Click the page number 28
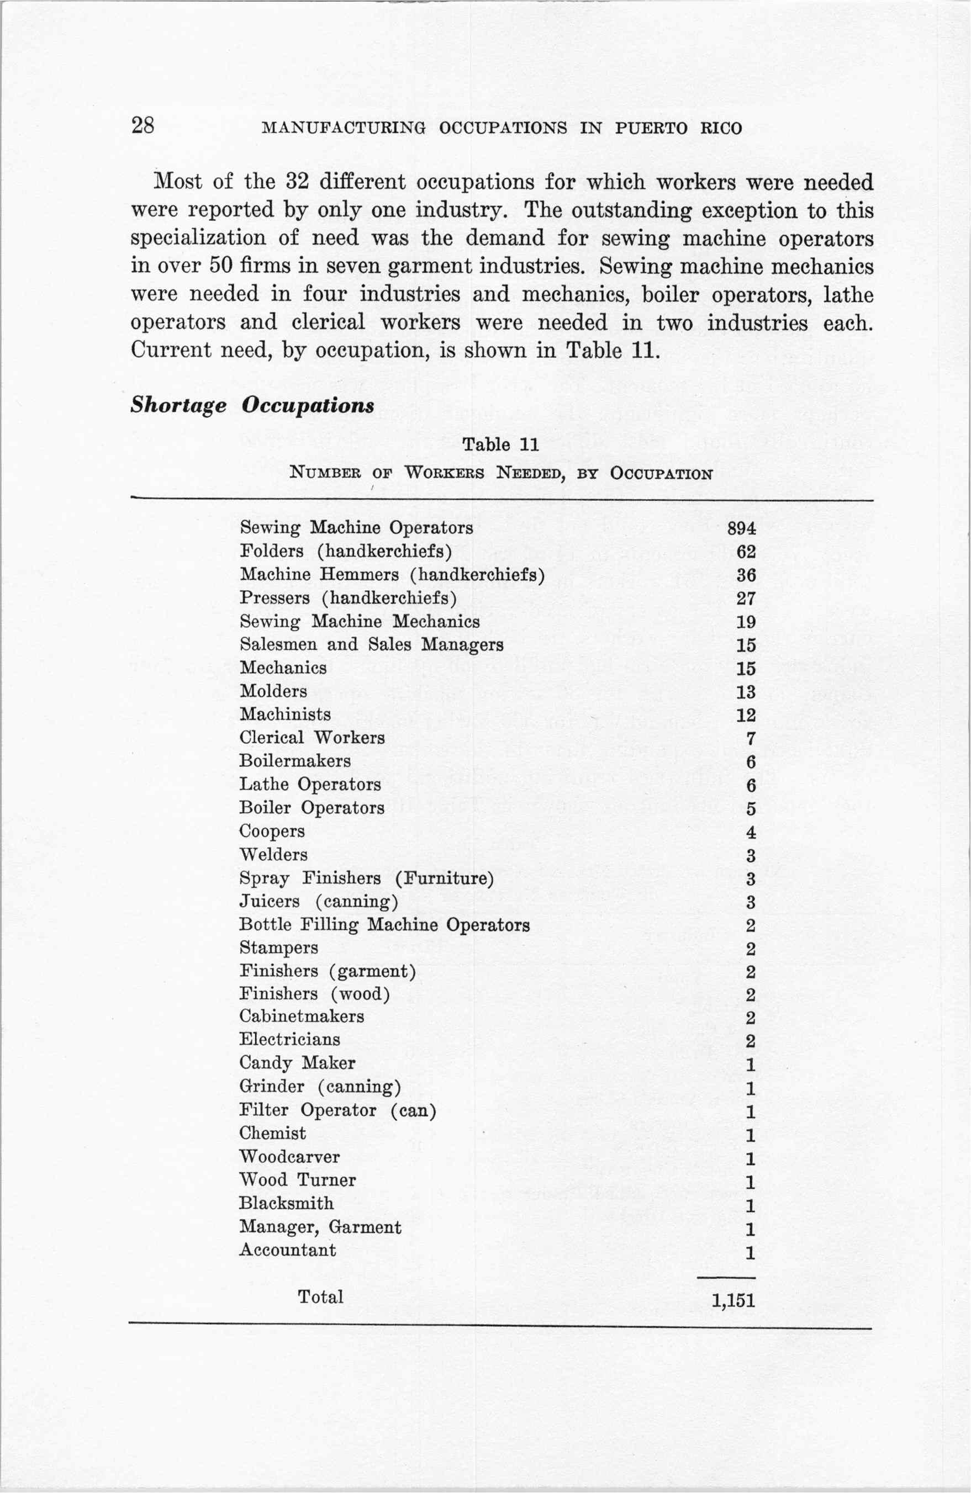point(143,126)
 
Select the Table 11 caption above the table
point(500,445)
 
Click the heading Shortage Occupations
point(252,405)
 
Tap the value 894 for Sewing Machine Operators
point(741,528)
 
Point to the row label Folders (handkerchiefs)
point(346,552)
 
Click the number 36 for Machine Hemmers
point(746,575)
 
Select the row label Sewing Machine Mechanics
point(360,622)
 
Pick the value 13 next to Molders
point(746,692)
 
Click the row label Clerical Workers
point(312,738)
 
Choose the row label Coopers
point(272,831)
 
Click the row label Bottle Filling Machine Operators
point(384,925)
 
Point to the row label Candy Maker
point(297,1063)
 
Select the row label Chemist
point(272,1134)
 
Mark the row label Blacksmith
point(286,1203)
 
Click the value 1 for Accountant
point(750,1252)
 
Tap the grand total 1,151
point(733,1300)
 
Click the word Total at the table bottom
point(320,1296)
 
